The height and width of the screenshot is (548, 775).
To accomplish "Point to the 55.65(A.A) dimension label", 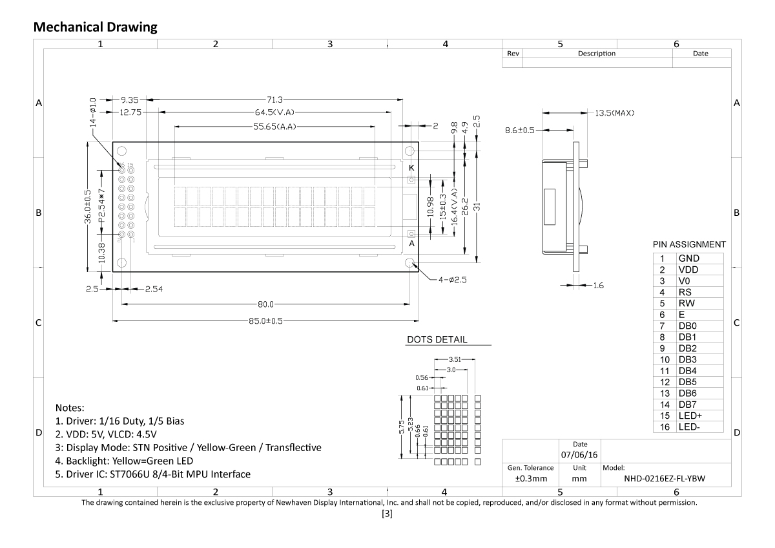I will tap(274, 127).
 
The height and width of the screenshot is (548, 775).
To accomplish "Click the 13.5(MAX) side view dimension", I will tap(614, 113).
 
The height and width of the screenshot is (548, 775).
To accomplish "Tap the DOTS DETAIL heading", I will tap(437, 339).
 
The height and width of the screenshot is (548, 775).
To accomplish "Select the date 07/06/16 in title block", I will tap(579, 455).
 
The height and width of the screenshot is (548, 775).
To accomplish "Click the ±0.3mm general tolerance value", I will tap(531, 479).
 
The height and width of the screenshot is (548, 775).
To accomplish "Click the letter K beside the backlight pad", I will tap(411, 167).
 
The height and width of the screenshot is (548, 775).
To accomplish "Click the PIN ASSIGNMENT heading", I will tap(689, 245).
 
